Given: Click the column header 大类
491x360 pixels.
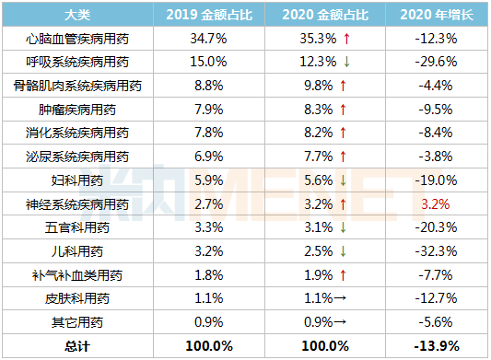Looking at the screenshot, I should [x=77, y=16].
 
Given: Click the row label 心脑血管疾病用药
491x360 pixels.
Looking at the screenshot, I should [x=77, y=40].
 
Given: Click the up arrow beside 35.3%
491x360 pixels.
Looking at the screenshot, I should [x=345, y=40].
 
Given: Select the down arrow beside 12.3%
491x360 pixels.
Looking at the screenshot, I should [x=345, y=63].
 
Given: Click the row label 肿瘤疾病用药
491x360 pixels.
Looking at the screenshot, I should [x=77, y=110].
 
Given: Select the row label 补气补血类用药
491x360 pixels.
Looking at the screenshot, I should [x=77, y=275].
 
